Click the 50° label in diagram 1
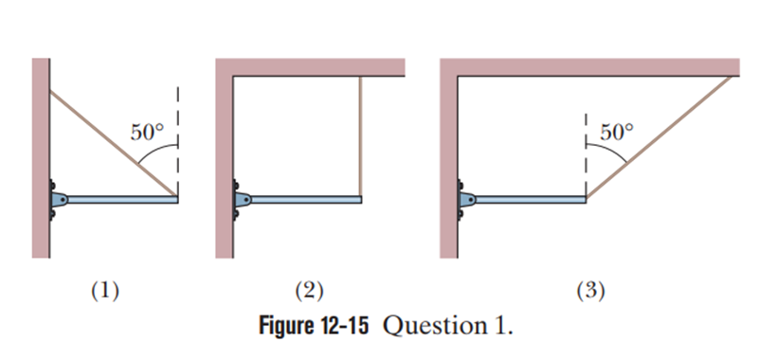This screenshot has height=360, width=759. (147, 132)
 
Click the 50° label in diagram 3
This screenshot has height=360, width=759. (617, 132)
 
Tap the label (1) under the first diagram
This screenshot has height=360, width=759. (105, 291)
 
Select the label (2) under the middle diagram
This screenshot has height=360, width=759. (310, 291)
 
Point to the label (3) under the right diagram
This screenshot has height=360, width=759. (590, 291)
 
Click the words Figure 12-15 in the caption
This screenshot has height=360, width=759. (314, 326)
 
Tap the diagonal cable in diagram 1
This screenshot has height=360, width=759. (114, 143)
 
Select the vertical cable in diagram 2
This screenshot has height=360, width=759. (360, 136)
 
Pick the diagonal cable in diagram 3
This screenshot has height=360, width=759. (660, 137)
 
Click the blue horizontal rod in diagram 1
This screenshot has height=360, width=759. (122, 199)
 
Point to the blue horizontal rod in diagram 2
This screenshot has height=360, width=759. (306, 199)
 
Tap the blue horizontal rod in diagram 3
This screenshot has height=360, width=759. (531, 199)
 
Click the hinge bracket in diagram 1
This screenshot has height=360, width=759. (58, 199)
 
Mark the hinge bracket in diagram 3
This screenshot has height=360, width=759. (466, 199)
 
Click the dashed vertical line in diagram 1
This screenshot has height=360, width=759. (177, 141)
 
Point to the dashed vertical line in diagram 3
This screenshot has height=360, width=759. (586, 154)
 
